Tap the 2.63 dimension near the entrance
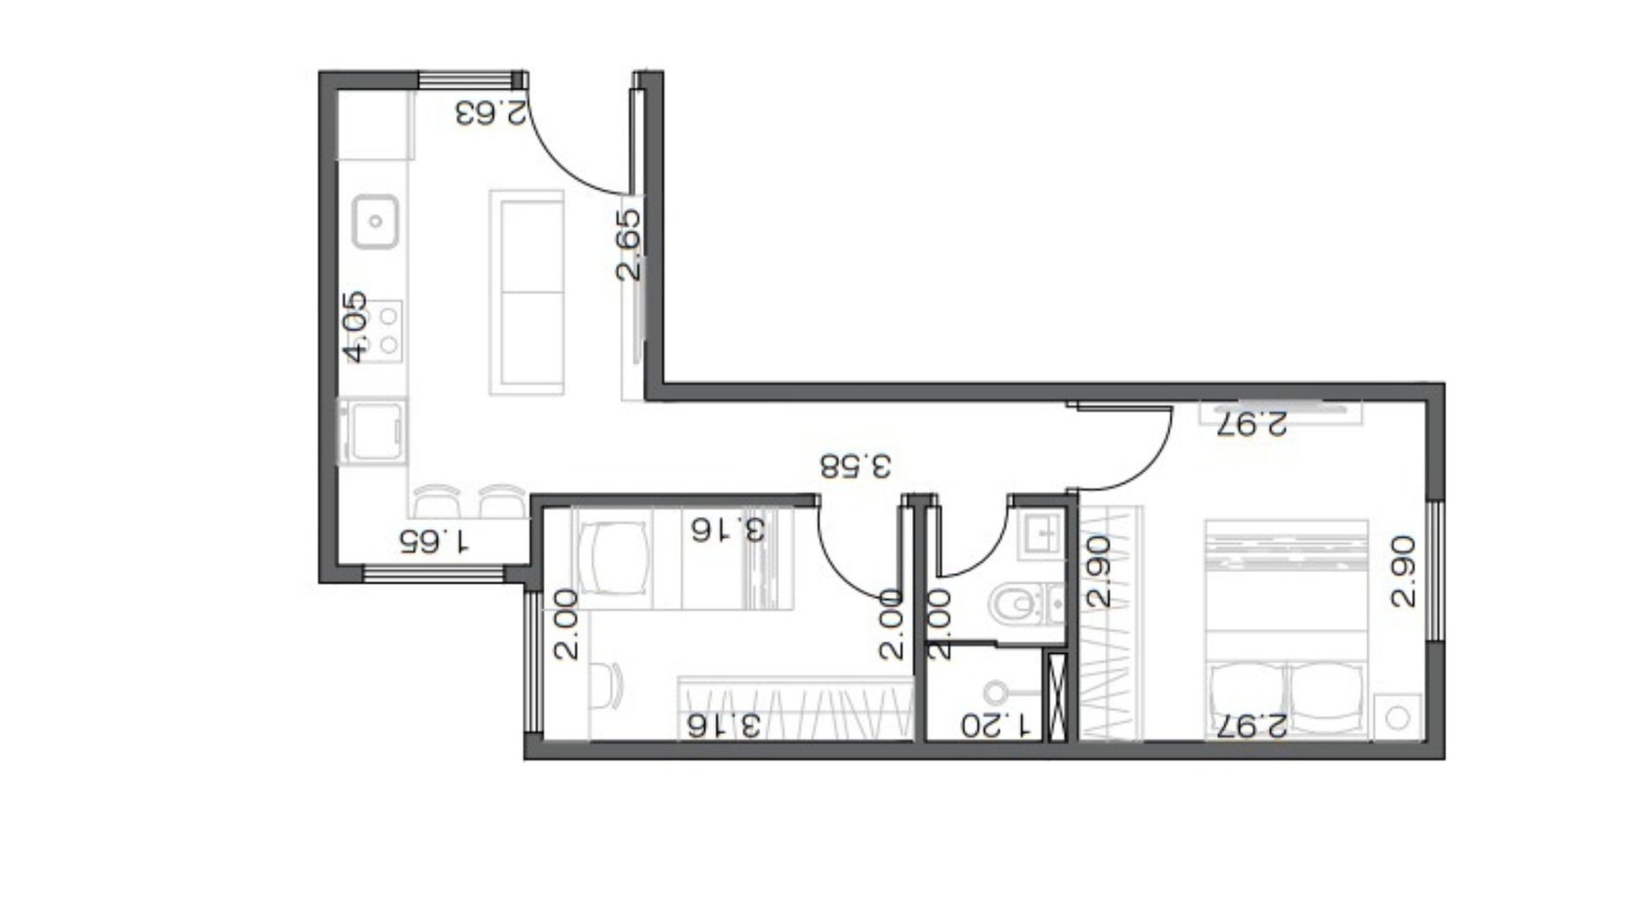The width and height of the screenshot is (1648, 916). point(490,113)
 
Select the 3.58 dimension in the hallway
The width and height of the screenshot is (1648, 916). point(855,466)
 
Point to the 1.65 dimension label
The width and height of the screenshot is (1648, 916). point(435,541)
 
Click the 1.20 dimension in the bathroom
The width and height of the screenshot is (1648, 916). point(995,726)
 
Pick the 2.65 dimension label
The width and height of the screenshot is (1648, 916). point(629,245)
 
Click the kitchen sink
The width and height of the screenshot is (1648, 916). point(375,222)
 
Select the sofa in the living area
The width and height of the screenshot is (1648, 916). point(526,293)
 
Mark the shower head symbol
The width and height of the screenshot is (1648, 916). point(996,693)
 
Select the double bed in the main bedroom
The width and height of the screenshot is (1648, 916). point(1286,628)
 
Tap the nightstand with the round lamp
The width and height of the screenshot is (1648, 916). point(1397,718)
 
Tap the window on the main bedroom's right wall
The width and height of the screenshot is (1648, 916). point(1434,571)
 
